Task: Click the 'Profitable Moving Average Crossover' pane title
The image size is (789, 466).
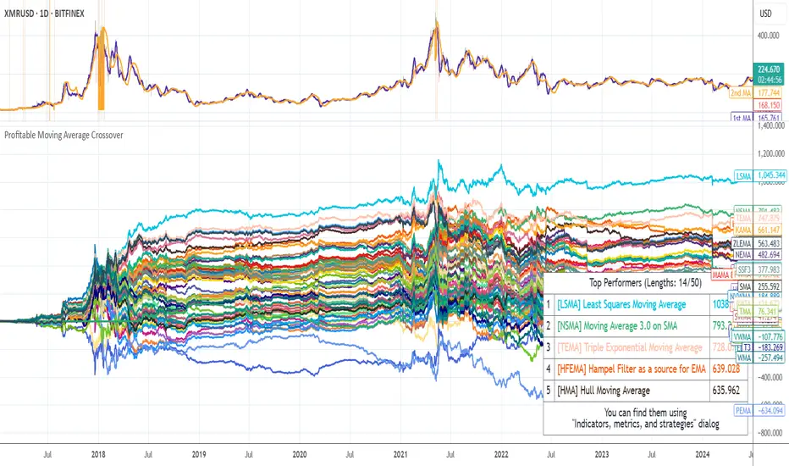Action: point(63,135)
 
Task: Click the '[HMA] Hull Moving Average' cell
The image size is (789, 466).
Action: point(602,391)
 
